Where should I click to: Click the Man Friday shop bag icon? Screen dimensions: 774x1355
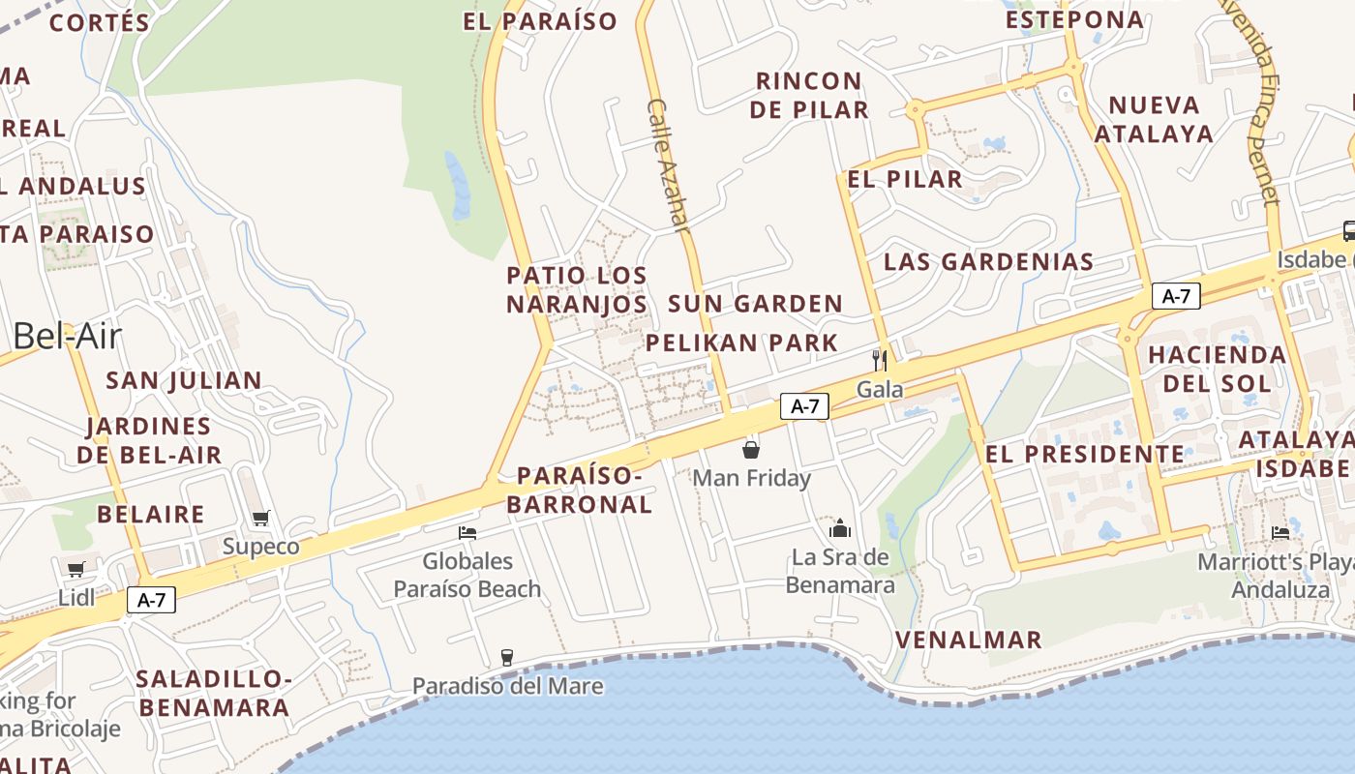click(751, 449)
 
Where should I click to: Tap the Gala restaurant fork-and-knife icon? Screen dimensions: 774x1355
click(879, 361)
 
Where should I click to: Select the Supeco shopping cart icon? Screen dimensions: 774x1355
click(260, 519)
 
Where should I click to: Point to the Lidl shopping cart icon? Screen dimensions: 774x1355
click(75, 569)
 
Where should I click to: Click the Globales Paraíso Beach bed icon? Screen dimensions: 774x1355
click(467, 532)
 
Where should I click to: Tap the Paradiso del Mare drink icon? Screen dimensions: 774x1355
click(507, 658)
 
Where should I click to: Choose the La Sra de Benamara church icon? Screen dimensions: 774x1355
click(839, 528)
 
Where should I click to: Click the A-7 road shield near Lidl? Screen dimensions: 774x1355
click(152, 600)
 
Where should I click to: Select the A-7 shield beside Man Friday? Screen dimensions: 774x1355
click(805, 406)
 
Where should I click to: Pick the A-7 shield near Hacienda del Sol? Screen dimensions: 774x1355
click(1176, 296)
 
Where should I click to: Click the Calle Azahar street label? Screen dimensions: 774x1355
click(668, 165)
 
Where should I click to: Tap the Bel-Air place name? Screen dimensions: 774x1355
click(68, 336)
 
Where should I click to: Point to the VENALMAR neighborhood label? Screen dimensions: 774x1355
click(968, 640)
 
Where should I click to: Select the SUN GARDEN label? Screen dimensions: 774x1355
click(755, 304)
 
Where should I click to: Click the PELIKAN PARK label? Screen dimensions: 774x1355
click(741, 342)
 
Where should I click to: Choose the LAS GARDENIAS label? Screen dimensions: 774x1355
click(988, 261)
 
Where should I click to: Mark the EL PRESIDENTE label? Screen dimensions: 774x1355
click(1084, 454)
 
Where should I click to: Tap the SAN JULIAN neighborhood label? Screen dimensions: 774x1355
click(184, 380)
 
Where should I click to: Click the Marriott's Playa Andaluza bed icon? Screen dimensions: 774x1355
click(1280, 533)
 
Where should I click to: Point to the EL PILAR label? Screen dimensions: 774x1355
click(905, 179)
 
